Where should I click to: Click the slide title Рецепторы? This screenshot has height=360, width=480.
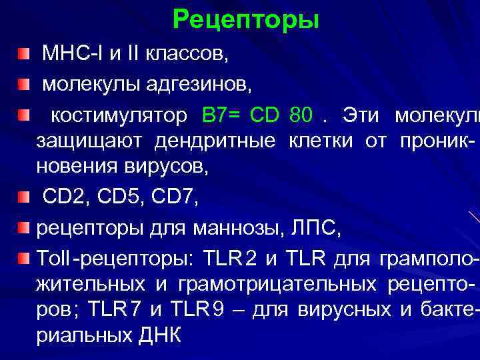pos(245,20)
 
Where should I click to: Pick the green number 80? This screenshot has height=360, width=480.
pos(301,115)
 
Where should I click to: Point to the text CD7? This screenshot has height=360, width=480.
pos(174,197)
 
